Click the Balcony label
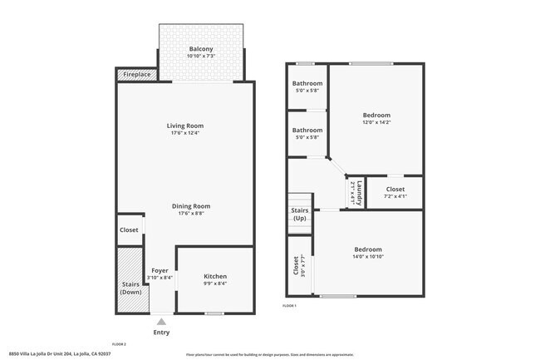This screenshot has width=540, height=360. [201, 49]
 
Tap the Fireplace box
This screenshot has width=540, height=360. [137, 75]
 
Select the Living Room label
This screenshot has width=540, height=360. [184, 126]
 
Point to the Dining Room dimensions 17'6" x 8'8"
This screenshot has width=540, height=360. [191, 214]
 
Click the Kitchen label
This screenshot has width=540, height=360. [215, 276]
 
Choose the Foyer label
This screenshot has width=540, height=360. [160, 270]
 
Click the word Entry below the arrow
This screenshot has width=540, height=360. [161, 332]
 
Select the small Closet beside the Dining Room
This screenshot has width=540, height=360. [129, 230]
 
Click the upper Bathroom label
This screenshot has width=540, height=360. [307, 83]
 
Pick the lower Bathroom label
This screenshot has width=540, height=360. [307, 131]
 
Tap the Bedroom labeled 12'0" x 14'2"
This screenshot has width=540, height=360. [376, 115]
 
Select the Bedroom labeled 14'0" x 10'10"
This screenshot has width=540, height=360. [368, 249]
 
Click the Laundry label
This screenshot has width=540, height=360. [357, 193]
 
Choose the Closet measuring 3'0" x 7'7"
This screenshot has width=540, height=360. [297, 265]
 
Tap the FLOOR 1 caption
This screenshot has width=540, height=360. [289, 306]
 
